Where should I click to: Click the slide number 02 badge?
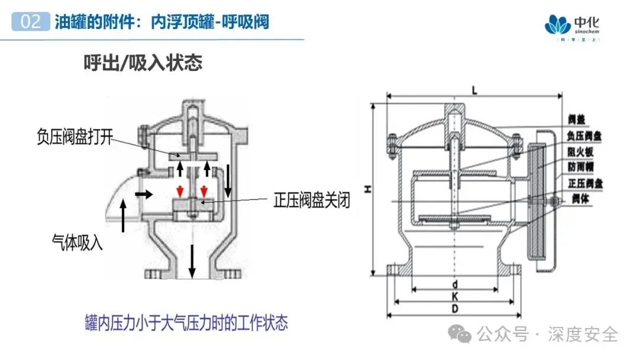30,22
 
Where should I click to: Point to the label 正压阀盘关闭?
311,201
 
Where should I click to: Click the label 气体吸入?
77,242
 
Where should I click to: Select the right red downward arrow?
204,191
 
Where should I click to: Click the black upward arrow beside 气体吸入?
123,216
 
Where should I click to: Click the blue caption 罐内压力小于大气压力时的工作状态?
185,323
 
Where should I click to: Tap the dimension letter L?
475,89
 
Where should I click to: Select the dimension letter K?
454,295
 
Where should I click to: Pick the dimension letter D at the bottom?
454,308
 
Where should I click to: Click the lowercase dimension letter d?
454,283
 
